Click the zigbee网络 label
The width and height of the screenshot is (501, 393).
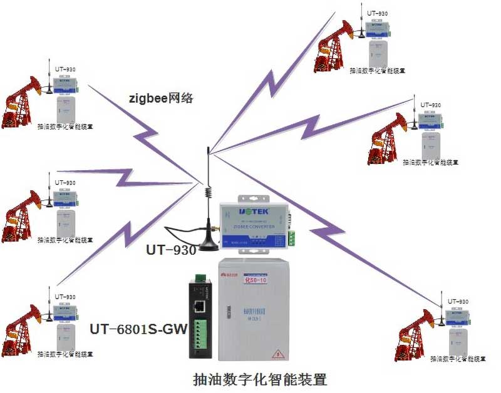click(x=161, y=98)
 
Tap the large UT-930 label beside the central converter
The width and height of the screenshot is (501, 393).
click(x=171, y=249)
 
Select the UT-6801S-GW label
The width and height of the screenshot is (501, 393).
click(x=139, y=328)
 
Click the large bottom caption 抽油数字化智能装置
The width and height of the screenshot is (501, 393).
click(x=260, y=379)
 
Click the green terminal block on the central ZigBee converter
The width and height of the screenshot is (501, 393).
click(x=292, y=238)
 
